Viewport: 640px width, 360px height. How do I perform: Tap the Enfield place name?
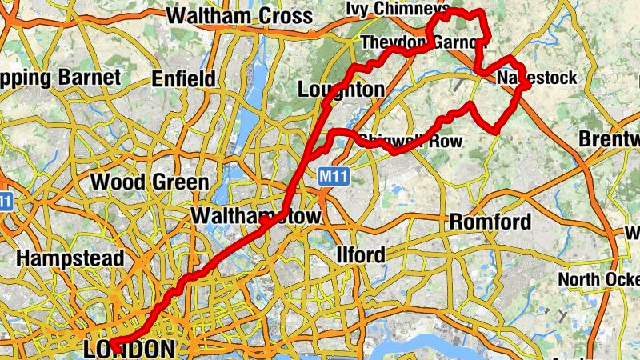coord(183,78)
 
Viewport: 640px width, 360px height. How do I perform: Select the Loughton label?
coord(340,89)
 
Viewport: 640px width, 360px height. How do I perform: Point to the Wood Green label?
coord(150,182)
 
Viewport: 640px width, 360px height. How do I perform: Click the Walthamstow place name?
coord(255,217)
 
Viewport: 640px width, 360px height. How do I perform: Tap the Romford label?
coord(490,222)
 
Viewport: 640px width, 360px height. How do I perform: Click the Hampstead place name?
coord(70,258)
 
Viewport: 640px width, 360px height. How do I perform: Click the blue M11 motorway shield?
coord(334,175)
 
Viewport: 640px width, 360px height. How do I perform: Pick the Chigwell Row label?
coord(410,142)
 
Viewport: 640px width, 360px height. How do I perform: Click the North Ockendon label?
coord(599,279)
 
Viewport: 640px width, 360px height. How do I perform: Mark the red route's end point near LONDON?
coord(114,346)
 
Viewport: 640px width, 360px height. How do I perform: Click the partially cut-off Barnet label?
coord(60,77)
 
